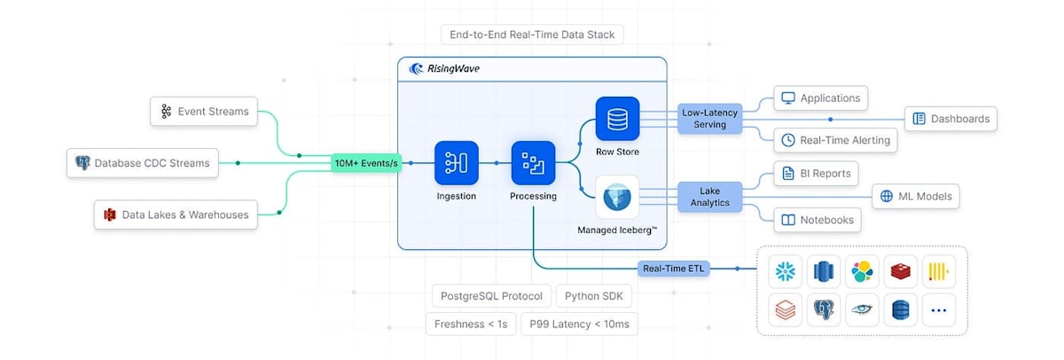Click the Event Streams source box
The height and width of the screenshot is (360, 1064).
(x=204, y=111)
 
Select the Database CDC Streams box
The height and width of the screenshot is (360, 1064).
(x=143, y=163)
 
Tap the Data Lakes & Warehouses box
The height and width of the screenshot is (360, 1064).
(x=176, y=215)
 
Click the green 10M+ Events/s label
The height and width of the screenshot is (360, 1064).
(x=366, y=163)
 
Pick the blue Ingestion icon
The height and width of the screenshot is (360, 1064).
(x=456, y=163)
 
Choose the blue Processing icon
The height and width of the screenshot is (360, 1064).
(x=533, y=163)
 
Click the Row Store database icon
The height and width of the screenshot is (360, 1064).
(x=617, y=119)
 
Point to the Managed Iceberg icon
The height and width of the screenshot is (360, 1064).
(x=617, y=197)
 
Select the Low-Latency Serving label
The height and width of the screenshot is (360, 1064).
(x=709, y=118)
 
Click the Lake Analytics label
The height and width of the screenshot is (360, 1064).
(x=709, y=197)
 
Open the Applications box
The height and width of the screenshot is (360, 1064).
(x=821, y=98)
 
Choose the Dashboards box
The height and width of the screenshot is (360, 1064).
(x=951, y=119)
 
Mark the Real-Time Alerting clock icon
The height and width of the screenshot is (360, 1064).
(x=788, y=140)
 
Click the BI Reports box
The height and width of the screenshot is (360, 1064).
(x=816, y=174)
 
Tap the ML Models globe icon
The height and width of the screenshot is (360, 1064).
(x=887, y=196)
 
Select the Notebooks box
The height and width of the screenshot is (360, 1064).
(x=818, y=220)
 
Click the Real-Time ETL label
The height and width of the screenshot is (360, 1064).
(x=674, y=269)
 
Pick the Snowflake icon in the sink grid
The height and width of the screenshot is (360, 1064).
(x=786, y=271)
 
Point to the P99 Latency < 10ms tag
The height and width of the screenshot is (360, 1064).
(x=580, y=324)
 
